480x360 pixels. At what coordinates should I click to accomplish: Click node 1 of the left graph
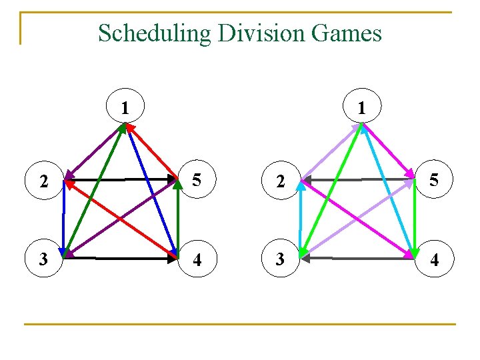coord(124,107)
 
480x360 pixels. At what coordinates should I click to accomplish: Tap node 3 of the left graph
coord(43,259)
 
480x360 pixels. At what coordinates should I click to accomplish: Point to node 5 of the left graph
coord(197,180)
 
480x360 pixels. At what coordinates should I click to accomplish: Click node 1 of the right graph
coord(361,107)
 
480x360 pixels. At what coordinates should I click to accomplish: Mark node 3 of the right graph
coord(281,259)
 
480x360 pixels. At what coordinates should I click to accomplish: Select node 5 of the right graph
coord(434,180)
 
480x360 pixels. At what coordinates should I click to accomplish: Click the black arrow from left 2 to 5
coord(120,179)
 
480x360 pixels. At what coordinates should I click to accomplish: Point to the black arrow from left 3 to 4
coord(120,257)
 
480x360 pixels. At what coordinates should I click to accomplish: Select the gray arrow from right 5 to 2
coord(357,179)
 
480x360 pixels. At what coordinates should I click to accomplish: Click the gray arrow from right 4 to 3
coord(357,257)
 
